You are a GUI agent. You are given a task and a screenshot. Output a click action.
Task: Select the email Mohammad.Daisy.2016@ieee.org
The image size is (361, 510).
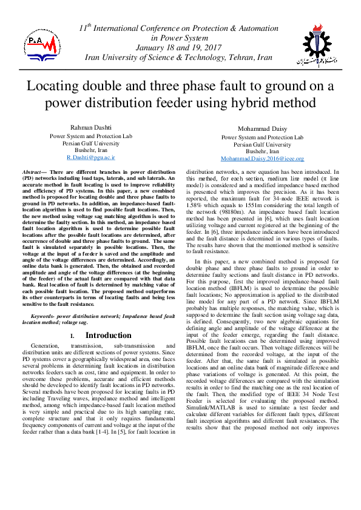(261, 159)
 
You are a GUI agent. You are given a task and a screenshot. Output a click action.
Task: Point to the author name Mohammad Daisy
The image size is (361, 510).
(262, 129)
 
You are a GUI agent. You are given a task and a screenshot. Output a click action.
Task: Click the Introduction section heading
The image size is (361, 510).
(108, 335)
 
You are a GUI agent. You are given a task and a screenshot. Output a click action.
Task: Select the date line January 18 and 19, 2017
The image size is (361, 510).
(180, 47)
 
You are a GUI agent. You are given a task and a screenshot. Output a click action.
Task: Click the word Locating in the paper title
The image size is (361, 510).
(53, 85)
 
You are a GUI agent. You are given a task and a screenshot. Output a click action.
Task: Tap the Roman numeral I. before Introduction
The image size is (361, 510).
(72, 336)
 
